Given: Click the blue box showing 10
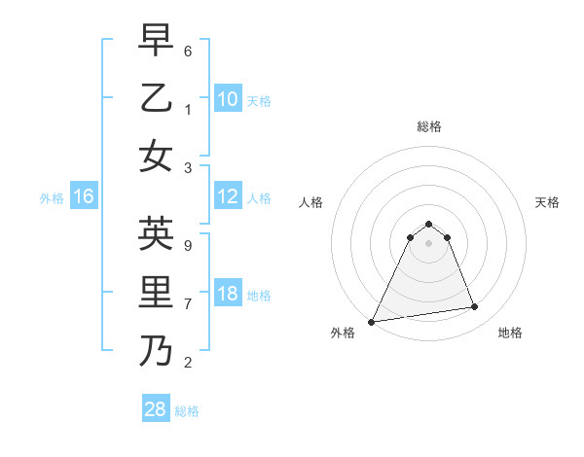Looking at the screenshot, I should pyautogui.click(x=227, y=98).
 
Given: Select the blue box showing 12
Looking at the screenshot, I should pyautogui.click(x=227, y=197).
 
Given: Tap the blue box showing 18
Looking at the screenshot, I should pyautogui.click(x=227, y=295).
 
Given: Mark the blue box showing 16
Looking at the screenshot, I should pyautogui.click(x=84, y=197).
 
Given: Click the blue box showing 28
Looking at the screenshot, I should pyautogui.click(x=156, y=409).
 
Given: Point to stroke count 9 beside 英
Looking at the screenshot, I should pyautogui.click(x=188, y=245).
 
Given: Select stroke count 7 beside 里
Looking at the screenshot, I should pyautogui.click(x=188, y=303).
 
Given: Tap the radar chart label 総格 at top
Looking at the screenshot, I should pyautogui.click(x=428, y=126).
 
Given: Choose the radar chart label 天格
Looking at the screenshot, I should pyautogui.click(x=547, y=202).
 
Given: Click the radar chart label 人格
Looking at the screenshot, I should pyautogui.click(x=310, y=202).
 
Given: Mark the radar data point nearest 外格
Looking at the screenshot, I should pyautogui.click(x=372, y=321).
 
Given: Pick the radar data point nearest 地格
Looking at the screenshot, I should pyautogui.click(x=475, y=307).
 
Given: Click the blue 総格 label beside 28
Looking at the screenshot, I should pyautogui.click(x=187, y=411).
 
